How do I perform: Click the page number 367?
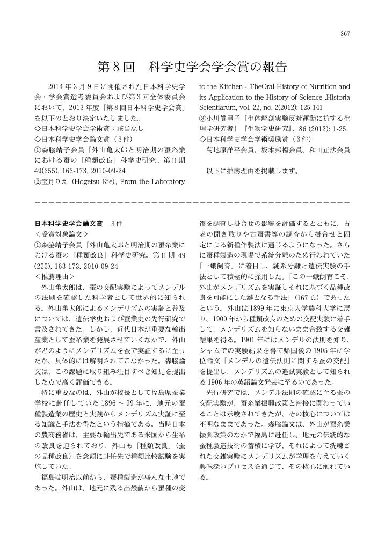click(x=345, y=34)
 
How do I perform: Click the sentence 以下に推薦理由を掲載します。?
click(x=252, y=172)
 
